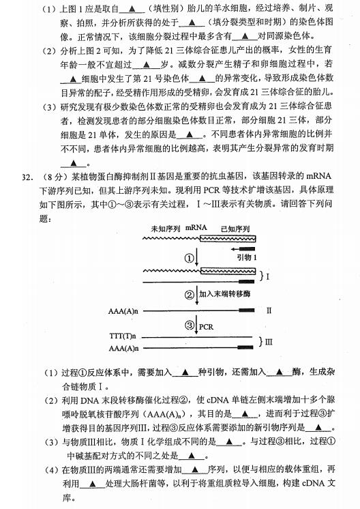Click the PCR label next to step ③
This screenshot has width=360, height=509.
click(206, 326)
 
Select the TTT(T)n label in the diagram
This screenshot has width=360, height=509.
click(123, 337)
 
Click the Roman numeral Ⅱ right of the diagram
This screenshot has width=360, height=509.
click(269, 310)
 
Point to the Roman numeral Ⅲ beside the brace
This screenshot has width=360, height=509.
click(269, 342)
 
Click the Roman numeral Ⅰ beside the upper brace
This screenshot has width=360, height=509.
click(268, 277)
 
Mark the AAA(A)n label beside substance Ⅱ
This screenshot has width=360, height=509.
click(123, 310)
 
